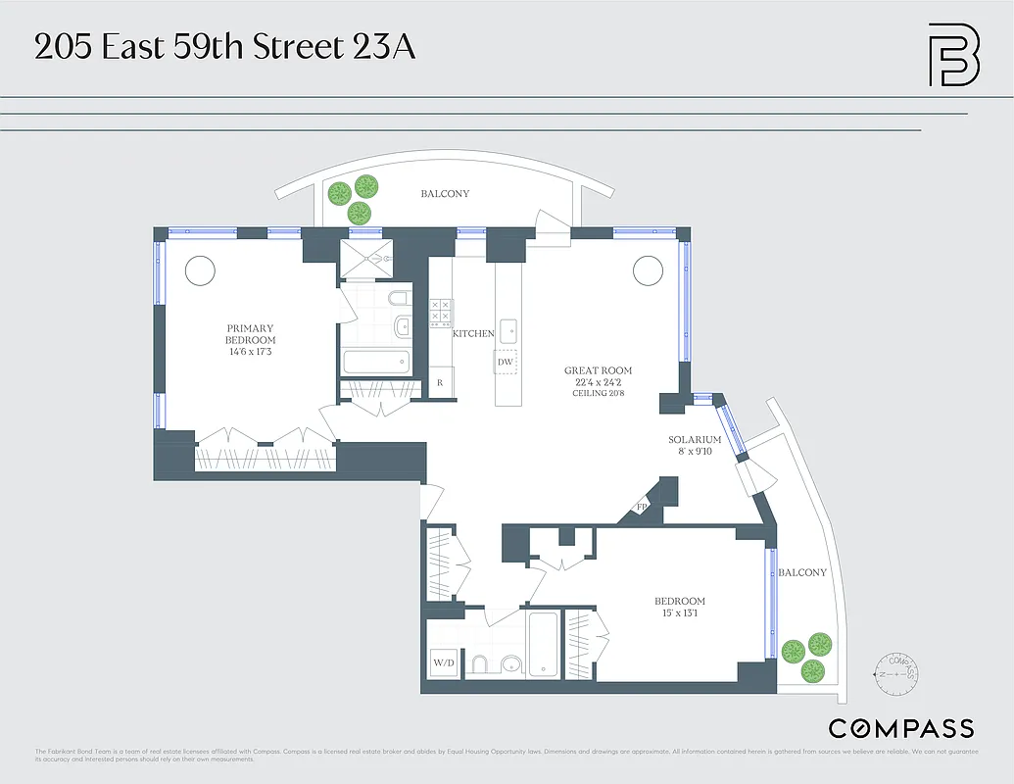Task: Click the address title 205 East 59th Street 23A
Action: click(x=224, y=47)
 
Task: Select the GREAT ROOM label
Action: click(x=598, y=370)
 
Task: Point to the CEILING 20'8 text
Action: click(x=598, y=393)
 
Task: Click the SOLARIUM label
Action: click(x=695, y=440)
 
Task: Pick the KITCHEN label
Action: click(x=473, y=334)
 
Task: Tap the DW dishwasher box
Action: click(x=506, y=362)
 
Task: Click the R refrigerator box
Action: click(x=440, y=382)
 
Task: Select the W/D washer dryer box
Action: click(x=444, y=663)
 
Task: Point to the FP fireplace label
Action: click(x=643, y=508)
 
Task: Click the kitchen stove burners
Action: click(x=440, y=312)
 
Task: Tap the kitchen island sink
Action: click(x=507, y=329)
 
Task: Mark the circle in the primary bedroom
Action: click(x=201, y=269)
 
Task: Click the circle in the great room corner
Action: click(x=648, y=269)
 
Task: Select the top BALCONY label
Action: click(x=445, y=194)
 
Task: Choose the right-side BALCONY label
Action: click(x=801, y=572)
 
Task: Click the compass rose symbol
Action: click(x=896, y=674)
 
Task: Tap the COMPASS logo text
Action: click(x=901, y=728)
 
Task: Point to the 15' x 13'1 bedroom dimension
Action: click(x=680, y=614)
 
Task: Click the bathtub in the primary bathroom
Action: click(x=376, y=362)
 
